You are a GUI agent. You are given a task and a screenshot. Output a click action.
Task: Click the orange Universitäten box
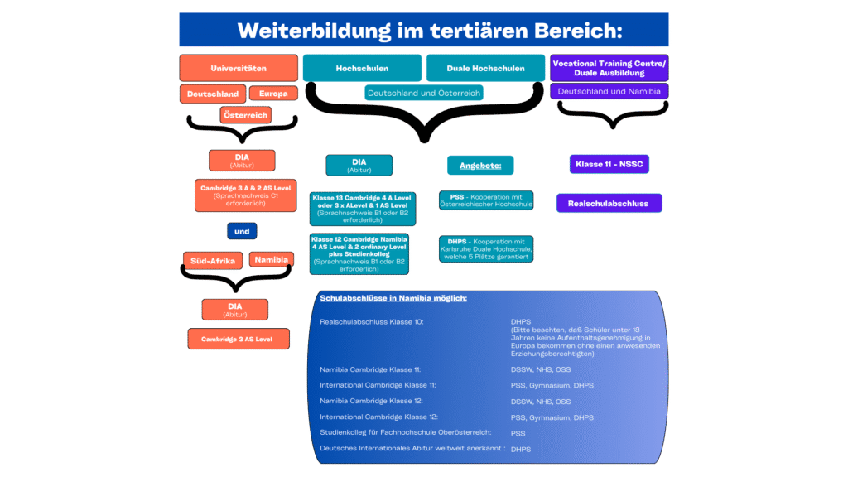238,68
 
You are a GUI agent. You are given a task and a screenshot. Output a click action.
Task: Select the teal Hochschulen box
362,68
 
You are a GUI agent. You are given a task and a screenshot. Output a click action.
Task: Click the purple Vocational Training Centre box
609,68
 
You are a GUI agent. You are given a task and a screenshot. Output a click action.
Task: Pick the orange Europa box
272,94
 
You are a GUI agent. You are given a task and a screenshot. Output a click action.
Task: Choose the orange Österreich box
245,115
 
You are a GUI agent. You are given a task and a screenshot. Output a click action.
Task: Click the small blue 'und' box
242,231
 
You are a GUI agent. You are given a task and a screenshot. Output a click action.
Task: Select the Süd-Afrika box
213,260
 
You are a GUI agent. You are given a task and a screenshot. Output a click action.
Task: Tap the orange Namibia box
272,259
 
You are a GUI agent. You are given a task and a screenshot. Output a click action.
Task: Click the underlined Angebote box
480,166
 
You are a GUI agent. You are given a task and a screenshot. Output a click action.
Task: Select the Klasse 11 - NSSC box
609,165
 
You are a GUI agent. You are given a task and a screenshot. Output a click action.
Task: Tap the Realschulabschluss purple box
609,203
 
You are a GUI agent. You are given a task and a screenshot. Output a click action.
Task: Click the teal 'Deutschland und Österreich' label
424,93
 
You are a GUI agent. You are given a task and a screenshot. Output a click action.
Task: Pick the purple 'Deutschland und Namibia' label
609,91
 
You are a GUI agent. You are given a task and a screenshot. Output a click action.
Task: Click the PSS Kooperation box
486,200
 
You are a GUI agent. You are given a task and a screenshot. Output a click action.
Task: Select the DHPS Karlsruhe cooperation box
486,248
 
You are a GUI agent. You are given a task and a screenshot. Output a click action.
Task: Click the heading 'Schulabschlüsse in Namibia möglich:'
393,298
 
